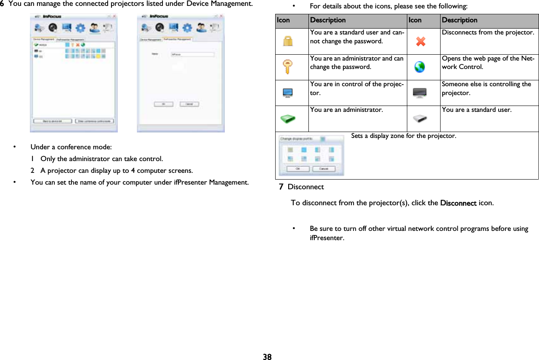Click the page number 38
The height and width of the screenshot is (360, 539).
coord(267,357)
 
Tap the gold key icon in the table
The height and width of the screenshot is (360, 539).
coord(287,67)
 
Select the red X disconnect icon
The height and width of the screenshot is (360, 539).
coord(420,41)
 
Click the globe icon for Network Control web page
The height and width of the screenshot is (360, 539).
coord(420,67)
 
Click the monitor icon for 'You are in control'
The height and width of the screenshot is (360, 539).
coord(288,93)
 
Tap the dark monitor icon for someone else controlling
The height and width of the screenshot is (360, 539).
coord(420,93)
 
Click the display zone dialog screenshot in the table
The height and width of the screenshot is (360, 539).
coord(312,155)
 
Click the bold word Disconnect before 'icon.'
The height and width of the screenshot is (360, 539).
coord(458,203)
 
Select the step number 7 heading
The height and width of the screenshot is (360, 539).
coord(281,186)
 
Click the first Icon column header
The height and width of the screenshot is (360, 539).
coord(283,20)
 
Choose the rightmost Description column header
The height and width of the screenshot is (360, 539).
coord(459,20)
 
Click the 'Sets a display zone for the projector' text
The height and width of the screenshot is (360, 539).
coord(403,136)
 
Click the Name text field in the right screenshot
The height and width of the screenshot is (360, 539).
coord(193,54)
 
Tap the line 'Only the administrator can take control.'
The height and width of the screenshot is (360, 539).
coord(101,159)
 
